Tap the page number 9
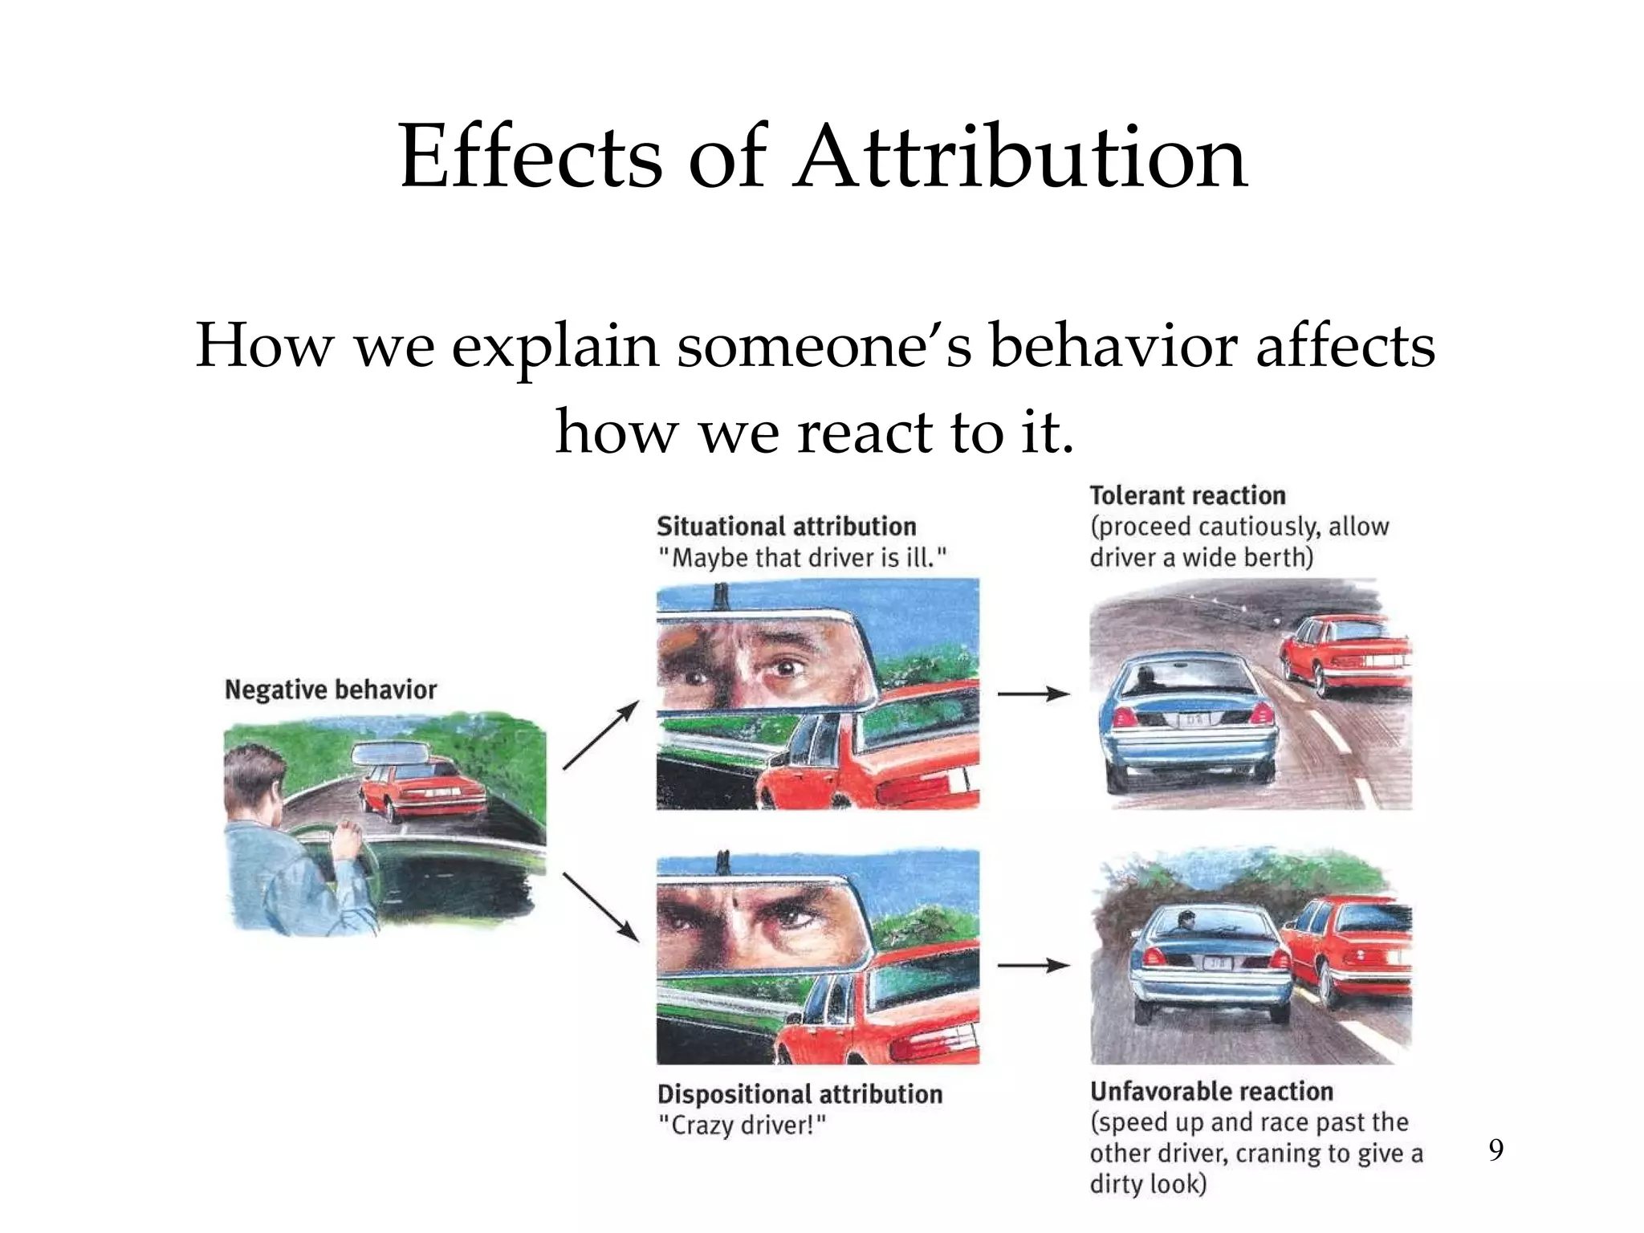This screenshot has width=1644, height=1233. coord(1495,1150)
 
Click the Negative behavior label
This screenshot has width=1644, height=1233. coord(330,690)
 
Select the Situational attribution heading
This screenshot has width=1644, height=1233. coord(786,527)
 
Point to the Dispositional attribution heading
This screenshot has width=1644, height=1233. coord(800,1094)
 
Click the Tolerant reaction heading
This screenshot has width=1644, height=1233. coord(1187,495)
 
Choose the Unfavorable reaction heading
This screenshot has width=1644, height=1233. coord(1211,1092)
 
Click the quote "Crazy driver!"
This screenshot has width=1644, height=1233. coord(741,1125)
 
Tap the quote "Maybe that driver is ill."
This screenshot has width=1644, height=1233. coord(802,558)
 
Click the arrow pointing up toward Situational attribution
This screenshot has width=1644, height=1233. coord(601,735)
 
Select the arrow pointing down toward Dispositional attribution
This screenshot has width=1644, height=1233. coord(601,907)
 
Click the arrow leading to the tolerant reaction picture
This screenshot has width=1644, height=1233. coord(1033,694)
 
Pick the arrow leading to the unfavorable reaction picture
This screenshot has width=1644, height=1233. coord(1033,965)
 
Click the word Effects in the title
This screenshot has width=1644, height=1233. coord(531,157)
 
